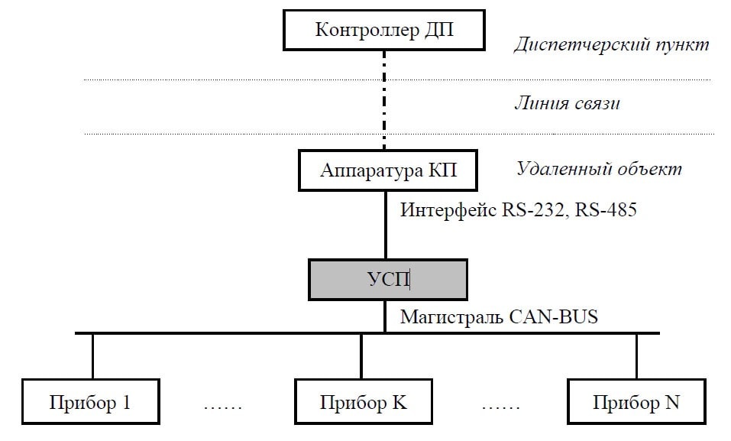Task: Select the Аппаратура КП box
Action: pos(388,169)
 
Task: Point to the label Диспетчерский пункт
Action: pos(611,44)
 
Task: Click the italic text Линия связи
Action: pos(566,103)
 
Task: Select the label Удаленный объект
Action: pos(599,168)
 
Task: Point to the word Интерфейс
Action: pos(439,209)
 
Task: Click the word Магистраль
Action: pos(450,316)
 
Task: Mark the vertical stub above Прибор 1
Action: pos(92,356)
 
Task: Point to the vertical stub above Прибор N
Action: pos(636,356)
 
